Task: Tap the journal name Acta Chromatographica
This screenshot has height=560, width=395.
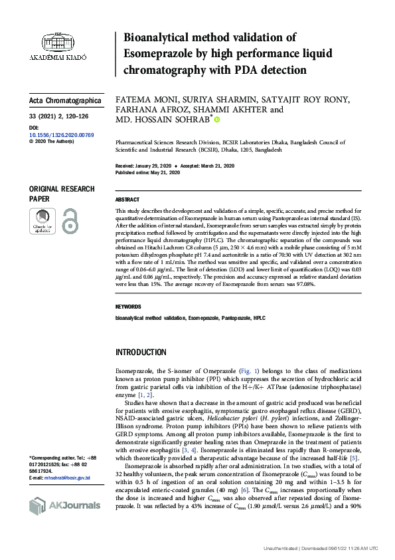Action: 66,101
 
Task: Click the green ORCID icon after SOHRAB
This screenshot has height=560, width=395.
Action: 216,120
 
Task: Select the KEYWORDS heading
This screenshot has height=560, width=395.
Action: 128,307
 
